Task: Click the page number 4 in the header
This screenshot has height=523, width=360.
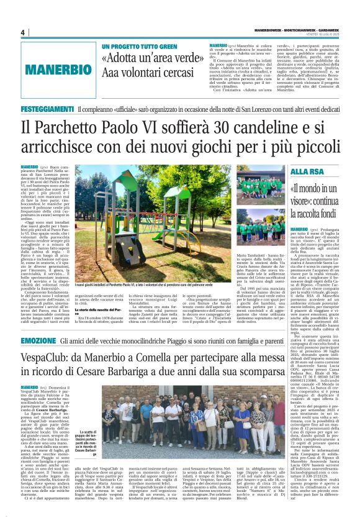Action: coord(22,33)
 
